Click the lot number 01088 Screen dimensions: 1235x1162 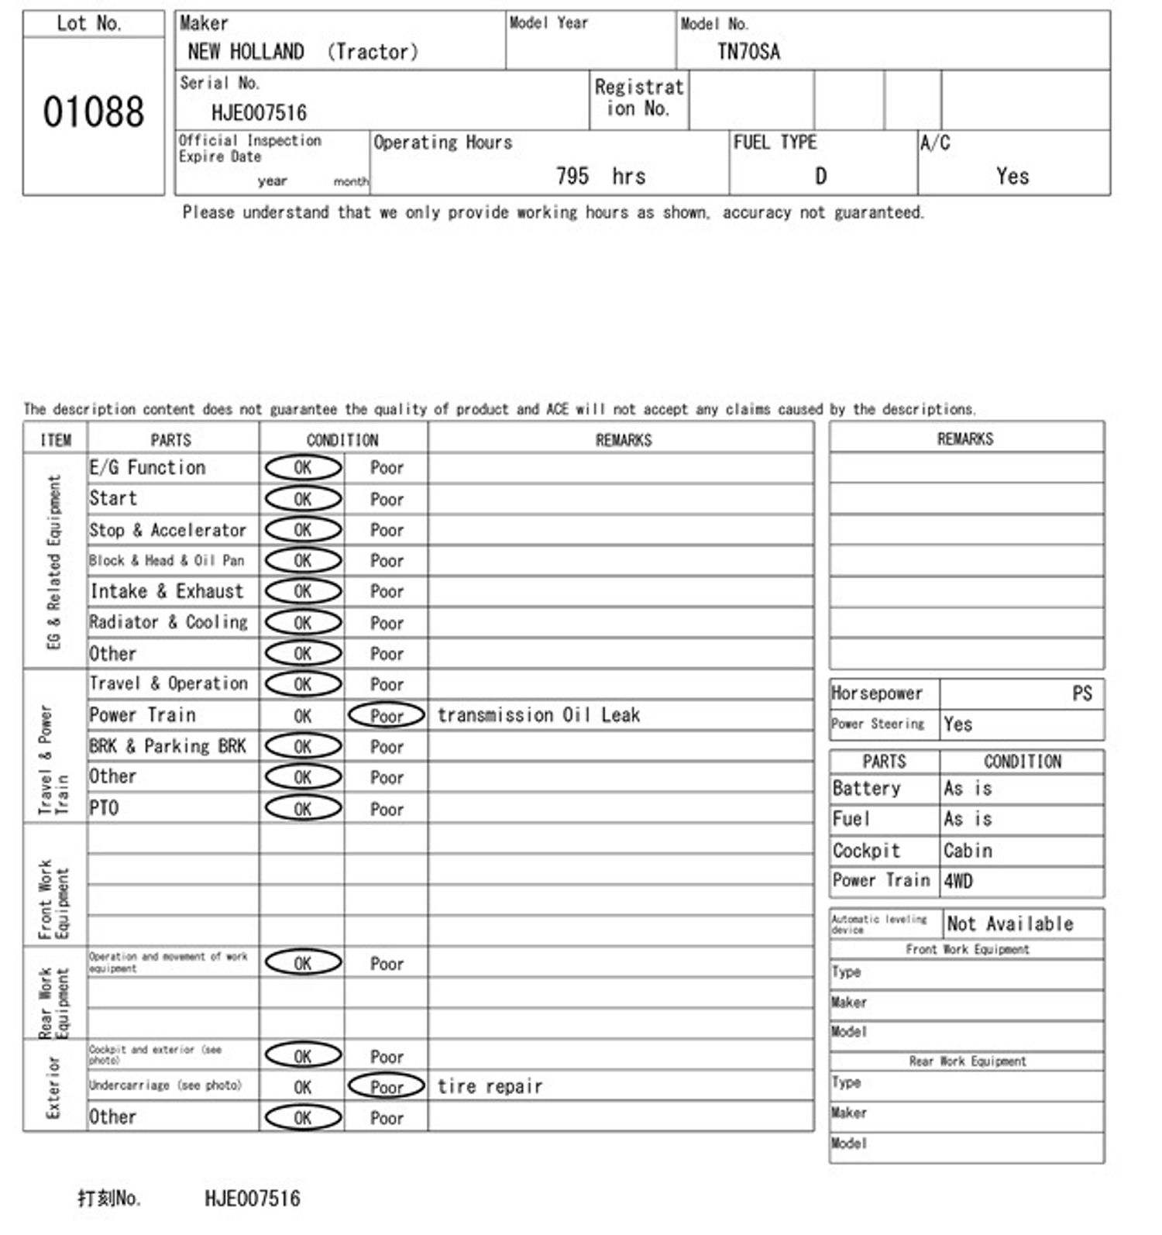[93, 112]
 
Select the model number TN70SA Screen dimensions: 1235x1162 [748, 52]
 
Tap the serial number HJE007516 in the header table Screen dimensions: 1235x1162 [259, 113]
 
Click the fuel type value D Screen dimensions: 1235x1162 [820, 177]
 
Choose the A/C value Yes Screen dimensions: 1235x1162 [1012, 177]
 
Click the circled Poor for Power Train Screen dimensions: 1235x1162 [387, 716]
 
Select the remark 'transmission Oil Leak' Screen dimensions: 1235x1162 [538, 715]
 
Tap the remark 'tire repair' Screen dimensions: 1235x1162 [490, 1086]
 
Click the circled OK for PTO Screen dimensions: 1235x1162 [303, 809]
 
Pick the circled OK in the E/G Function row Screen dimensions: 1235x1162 [303, 468]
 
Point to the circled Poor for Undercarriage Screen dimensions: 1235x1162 [387, 1087]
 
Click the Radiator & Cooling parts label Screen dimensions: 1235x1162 [168, 622]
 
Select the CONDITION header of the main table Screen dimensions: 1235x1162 [342, 440]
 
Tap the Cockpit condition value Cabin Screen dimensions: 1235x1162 [968, 851]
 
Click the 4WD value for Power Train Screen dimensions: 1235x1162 [958, 882]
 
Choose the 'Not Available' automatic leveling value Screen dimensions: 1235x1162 [1009, 924]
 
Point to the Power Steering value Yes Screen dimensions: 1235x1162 [957, 724]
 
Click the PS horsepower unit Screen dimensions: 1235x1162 [1081, 693]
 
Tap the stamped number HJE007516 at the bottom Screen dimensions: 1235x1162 [252, 1199]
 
